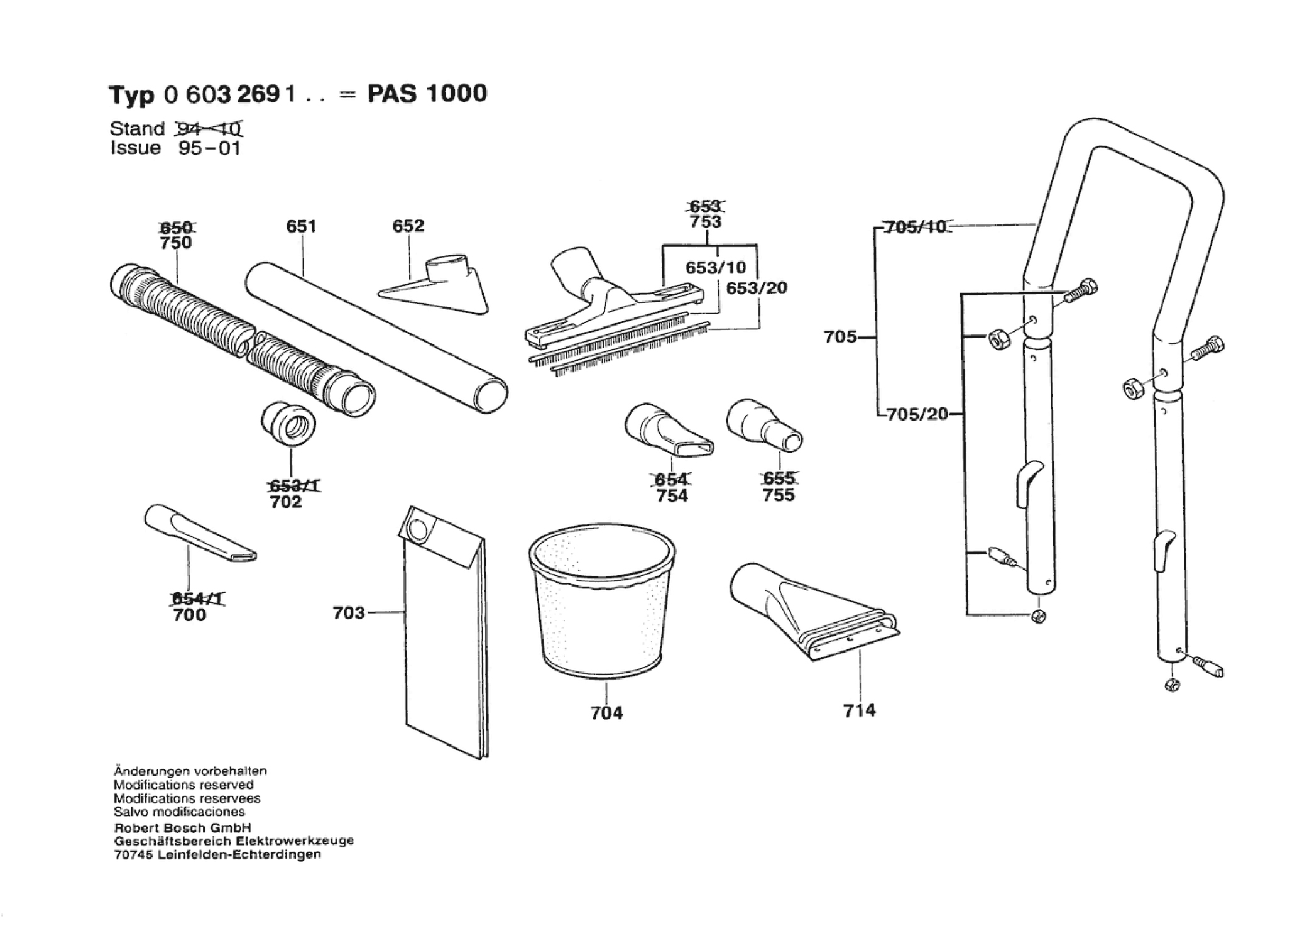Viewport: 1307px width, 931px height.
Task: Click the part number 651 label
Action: pos(301,226)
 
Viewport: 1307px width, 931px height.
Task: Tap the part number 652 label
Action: pos(408,226)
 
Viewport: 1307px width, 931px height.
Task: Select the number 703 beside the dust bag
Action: pos(349,612)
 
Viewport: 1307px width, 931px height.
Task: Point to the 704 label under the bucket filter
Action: pos(606,713)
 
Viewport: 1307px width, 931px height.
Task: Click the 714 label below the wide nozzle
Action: pos(859,710)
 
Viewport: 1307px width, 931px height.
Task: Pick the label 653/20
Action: pos(757,288)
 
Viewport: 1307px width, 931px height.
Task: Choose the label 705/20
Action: pos(917,414)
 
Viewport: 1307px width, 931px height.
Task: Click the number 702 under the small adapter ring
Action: pos(286,502)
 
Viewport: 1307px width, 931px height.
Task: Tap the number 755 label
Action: pos(779,495)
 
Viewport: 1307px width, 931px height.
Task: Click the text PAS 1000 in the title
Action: pos(427,94)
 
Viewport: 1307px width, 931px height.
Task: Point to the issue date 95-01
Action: pos(209,148)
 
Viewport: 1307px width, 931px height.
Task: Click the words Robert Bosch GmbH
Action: pos(182,828)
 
